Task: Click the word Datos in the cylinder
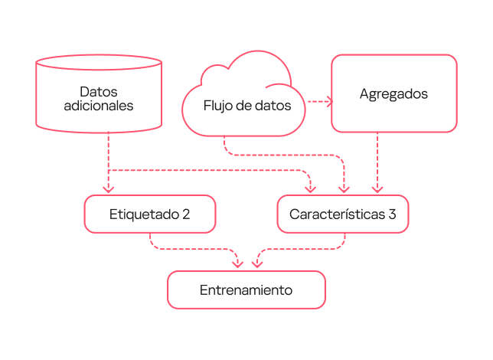click(x=99, y=91)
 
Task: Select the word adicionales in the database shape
click(x=99, y=106)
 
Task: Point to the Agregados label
click(x=393, y=94)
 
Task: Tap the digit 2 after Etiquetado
click(x=186, y=214)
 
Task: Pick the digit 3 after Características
click(x=392, y=214)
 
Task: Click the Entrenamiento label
click(x=246, y=290)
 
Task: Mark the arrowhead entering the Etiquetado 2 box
click(x=109, y=189)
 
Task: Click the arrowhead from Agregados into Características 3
click(x=377, y=189)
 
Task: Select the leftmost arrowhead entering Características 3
click(x=310, y=189)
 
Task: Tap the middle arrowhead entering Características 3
click(x=344, y=189)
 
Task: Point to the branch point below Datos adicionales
click(x=109, y=170)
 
